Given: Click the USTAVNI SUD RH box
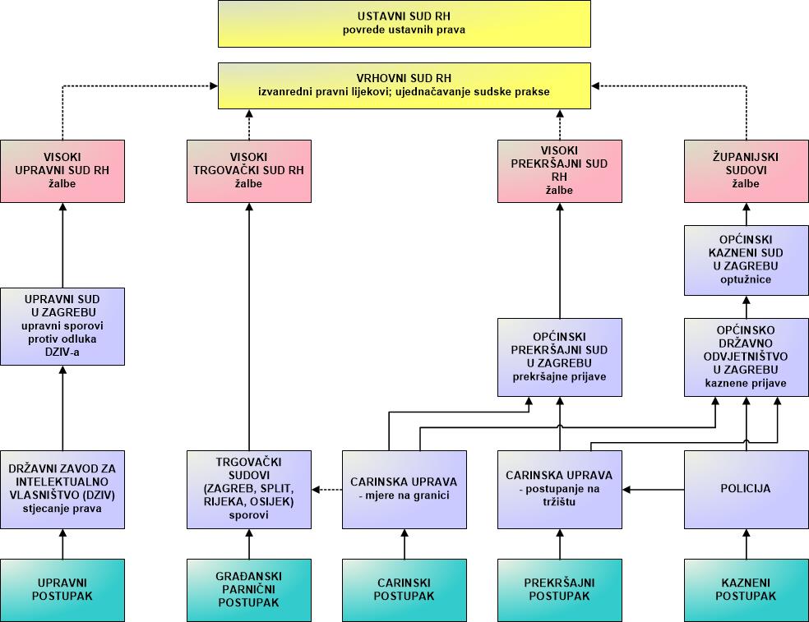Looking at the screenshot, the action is pos(404,24).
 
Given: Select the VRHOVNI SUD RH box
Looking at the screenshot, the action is pos(404,85).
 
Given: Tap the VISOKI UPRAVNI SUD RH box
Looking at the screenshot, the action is pos(62,171).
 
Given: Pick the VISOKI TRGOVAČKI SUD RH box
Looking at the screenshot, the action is pos(248,171).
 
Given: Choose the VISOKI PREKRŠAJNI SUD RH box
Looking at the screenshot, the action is pos(560,171).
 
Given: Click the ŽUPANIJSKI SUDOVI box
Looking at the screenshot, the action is pos(746,171).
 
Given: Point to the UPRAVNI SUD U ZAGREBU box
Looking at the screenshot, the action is pos(62,326).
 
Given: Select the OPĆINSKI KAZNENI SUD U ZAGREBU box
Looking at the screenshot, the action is pos(746,260).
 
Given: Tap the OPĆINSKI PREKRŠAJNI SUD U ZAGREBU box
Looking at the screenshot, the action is pos(560,357).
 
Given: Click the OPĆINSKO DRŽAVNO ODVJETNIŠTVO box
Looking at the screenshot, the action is pos(746,357).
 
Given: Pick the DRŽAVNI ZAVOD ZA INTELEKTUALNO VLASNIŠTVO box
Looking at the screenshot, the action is pos(62,490).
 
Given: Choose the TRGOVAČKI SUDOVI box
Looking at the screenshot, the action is pos(248,490).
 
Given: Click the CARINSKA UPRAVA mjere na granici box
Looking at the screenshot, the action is pos(404,490).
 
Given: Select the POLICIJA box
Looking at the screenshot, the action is pos(746,490).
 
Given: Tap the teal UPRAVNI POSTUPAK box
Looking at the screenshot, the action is pos(62,590).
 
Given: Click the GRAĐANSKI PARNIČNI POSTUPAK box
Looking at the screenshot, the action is pos(248,590).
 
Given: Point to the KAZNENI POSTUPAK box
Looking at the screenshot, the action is pos(746,590).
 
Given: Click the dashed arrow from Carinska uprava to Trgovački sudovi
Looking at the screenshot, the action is pos(327,490).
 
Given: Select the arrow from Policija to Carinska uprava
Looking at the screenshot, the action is pos(654,490).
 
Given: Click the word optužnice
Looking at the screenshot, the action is pos(746,279).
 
